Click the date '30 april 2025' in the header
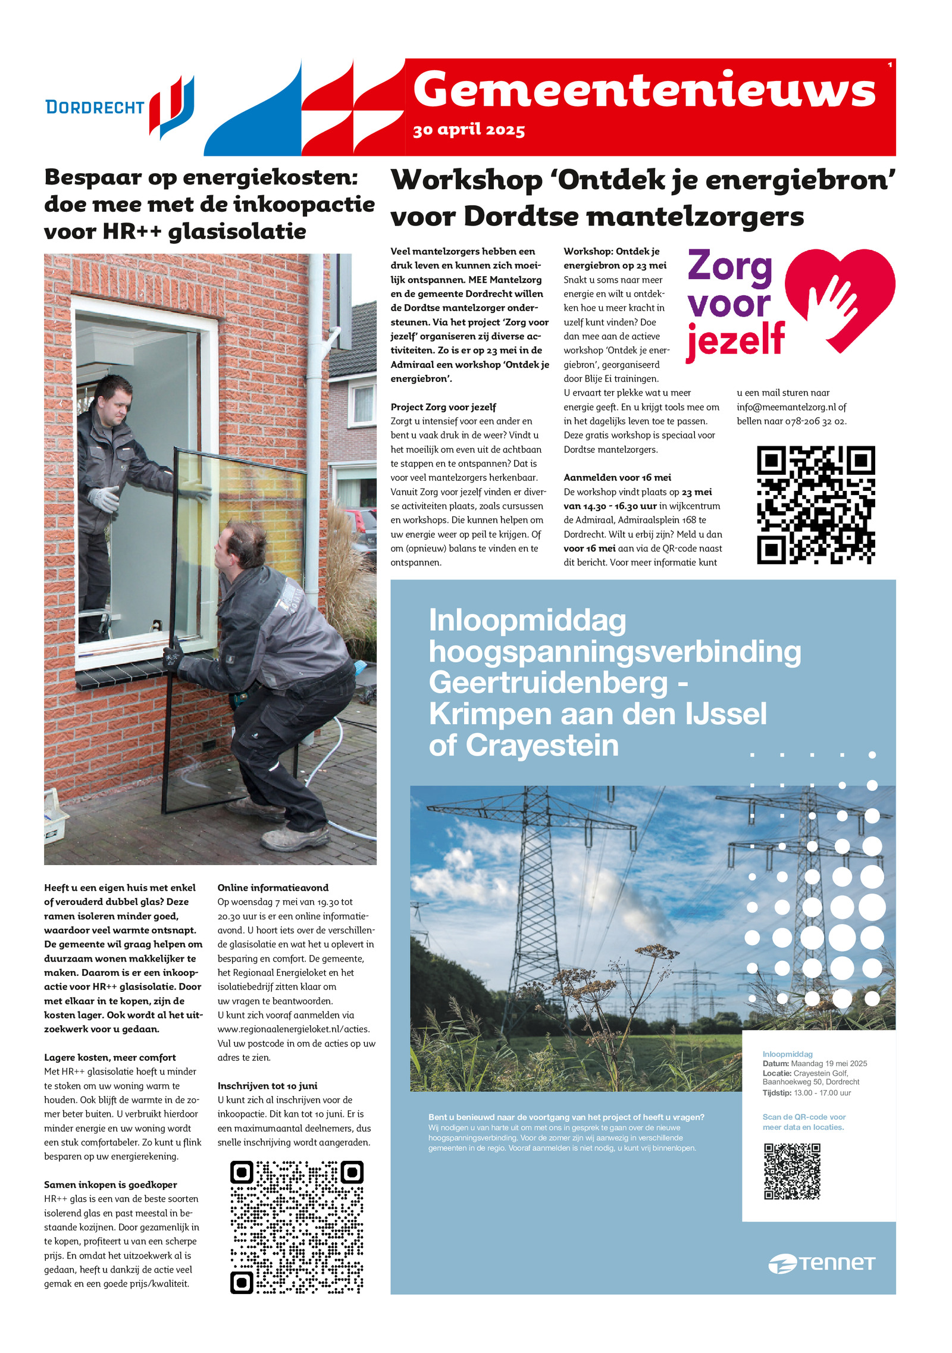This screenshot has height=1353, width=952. pyautogui.click(x=469, y=130)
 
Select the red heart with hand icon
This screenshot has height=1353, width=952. pyautogui.click(x=840, y=297)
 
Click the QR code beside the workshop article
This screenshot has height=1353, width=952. pyautogui.click(x=815, y=504)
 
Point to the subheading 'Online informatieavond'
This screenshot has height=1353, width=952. pyautogui.click(x=273, y=888)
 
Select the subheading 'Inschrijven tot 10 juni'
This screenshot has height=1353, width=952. pyautogui.click(x=267, y=1086)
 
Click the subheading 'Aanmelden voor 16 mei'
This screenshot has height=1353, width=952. pyautogui.click(x=617, y=477)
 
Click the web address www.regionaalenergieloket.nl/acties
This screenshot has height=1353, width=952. pyautogui.click(x=293, y=1029)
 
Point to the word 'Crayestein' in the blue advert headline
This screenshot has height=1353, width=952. pyautogui.click(x=541, y=746)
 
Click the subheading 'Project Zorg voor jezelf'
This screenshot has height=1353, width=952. pyautogui.click(x=443, y=407)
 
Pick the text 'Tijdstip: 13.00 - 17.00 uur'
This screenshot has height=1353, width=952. pyautogui.click(x=806, y=1093)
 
